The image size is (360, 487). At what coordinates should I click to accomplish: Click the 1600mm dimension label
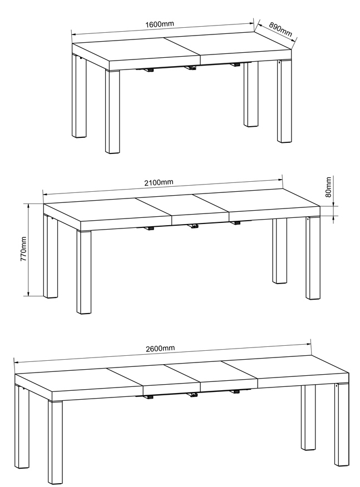coord(160,24)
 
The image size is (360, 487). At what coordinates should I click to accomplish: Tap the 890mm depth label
coord(280,29)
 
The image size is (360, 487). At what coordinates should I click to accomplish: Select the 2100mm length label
coord(159,182)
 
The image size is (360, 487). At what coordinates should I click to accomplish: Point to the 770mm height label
coord(23,249)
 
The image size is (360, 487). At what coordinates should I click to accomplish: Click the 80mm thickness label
coord(328,187)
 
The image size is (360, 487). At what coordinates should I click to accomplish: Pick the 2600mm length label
coord(160,349)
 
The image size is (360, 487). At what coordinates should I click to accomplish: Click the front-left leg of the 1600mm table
coord(112,112)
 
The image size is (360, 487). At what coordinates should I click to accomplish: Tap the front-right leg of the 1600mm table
coord(284,101)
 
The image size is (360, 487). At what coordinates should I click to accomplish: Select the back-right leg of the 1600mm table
coord(251,94)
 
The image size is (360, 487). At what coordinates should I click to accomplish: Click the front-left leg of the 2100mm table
coord(84,272)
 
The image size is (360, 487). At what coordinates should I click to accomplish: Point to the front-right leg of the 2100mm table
coord(313,258)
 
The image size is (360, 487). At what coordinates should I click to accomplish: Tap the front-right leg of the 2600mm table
coord(342,425)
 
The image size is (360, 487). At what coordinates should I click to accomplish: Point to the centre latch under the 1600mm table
coord(190,67)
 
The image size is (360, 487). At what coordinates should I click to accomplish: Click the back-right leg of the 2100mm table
coord(279,251)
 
